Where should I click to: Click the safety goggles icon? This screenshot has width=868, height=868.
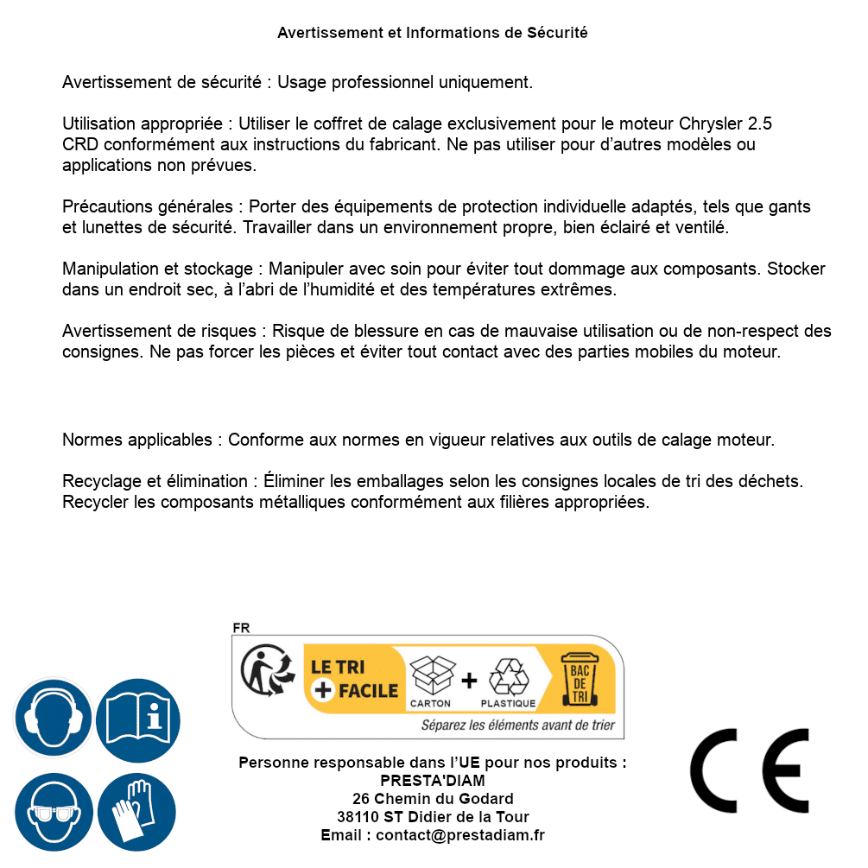point(54,812)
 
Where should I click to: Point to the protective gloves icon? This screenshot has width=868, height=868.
point(137,812)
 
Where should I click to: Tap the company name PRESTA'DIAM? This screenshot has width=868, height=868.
point(433,781)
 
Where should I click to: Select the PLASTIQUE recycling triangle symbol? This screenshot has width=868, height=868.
point(509,675)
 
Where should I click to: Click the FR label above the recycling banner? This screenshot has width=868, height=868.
point(241,628)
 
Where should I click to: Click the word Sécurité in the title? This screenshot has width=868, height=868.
point(557,33)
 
